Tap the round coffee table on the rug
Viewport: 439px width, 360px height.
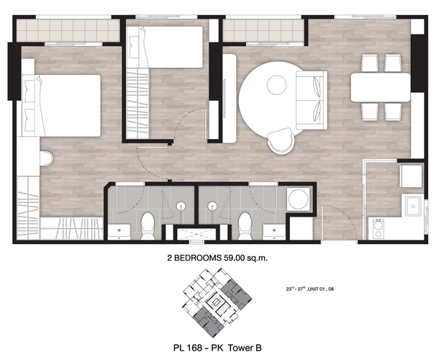tap(276, 85)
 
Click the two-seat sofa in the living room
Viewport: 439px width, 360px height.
tap(312, 100)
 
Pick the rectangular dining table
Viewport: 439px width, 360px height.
tap(381, 87)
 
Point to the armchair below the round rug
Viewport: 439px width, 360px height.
tap(281, 140)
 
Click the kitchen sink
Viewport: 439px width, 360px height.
tap(413, 206)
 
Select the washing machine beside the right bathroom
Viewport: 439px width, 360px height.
tap(299, 199)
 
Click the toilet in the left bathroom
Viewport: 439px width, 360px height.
tap(148, 226)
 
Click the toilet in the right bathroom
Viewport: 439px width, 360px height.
tap(245, 226)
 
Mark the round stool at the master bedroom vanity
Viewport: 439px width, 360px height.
tap(46, 158)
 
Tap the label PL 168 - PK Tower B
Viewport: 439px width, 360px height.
tap(217, 348)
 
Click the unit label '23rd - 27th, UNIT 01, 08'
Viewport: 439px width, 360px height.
tap(310, 289)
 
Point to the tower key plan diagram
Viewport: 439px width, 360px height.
tap(217, 303)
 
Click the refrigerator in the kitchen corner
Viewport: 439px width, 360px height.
tap(411, 176)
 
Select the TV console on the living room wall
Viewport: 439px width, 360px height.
tap(230, 99)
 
